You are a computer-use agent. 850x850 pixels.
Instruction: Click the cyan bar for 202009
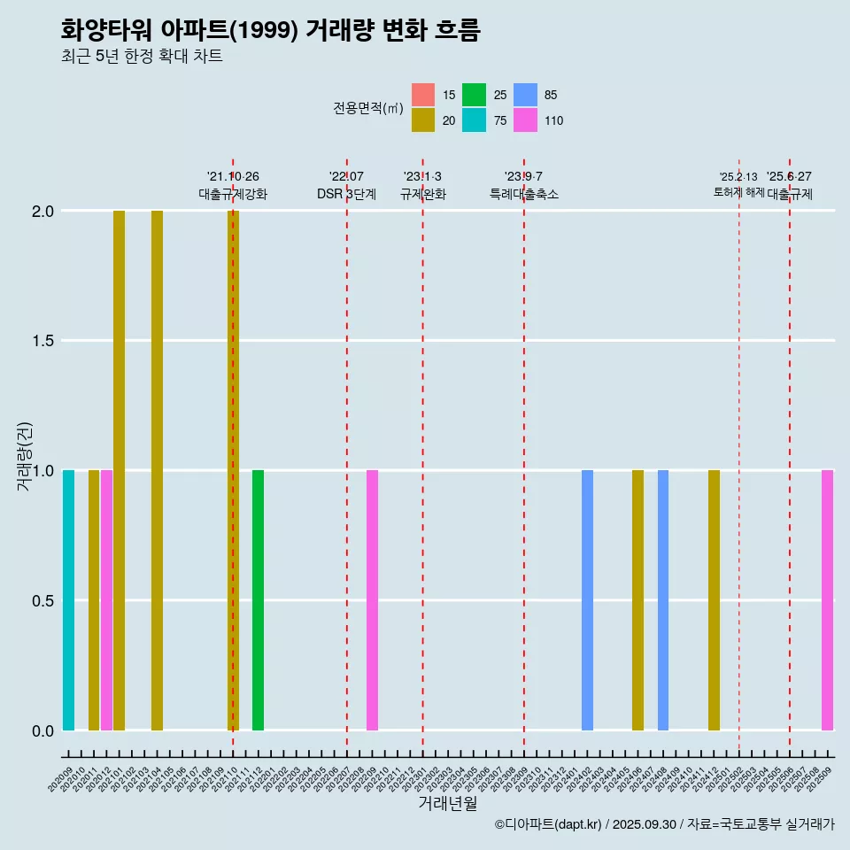(68, 600)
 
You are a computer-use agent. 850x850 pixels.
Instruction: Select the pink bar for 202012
(106, 600)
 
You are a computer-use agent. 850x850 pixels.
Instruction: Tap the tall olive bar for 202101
(119, 470)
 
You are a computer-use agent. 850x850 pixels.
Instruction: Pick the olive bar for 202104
(157, 470)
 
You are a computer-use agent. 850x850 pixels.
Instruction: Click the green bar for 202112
(258, 600)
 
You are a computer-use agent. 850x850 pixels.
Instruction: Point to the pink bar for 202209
(372, 600)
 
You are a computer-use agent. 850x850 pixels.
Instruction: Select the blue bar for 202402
(587, 600)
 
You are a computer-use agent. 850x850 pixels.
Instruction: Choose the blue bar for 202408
(663, 600)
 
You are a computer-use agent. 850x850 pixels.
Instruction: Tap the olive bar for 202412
(714, 600)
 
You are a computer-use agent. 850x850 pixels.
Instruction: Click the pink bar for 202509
(827, 600)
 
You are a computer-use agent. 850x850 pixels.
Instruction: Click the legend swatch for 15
(423, 95)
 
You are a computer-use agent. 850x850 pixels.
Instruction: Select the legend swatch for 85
(526, 95)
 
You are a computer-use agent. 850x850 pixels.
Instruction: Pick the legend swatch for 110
(526, 120)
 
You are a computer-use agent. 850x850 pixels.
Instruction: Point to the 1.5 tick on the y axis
(43, 341)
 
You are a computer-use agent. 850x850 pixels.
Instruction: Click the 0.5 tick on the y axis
(43, 600)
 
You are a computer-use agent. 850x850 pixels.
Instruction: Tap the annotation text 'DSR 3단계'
(346, 194)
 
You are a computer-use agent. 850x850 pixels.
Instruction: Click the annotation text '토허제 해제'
(738, 192)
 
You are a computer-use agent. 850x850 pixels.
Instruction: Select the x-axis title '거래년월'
(447, 803)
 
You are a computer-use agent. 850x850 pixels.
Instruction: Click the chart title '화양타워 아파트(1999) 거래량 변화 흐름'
(270, 30)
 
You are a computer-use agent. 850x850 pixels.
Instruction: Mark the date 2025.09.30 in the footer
(645, 824)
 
